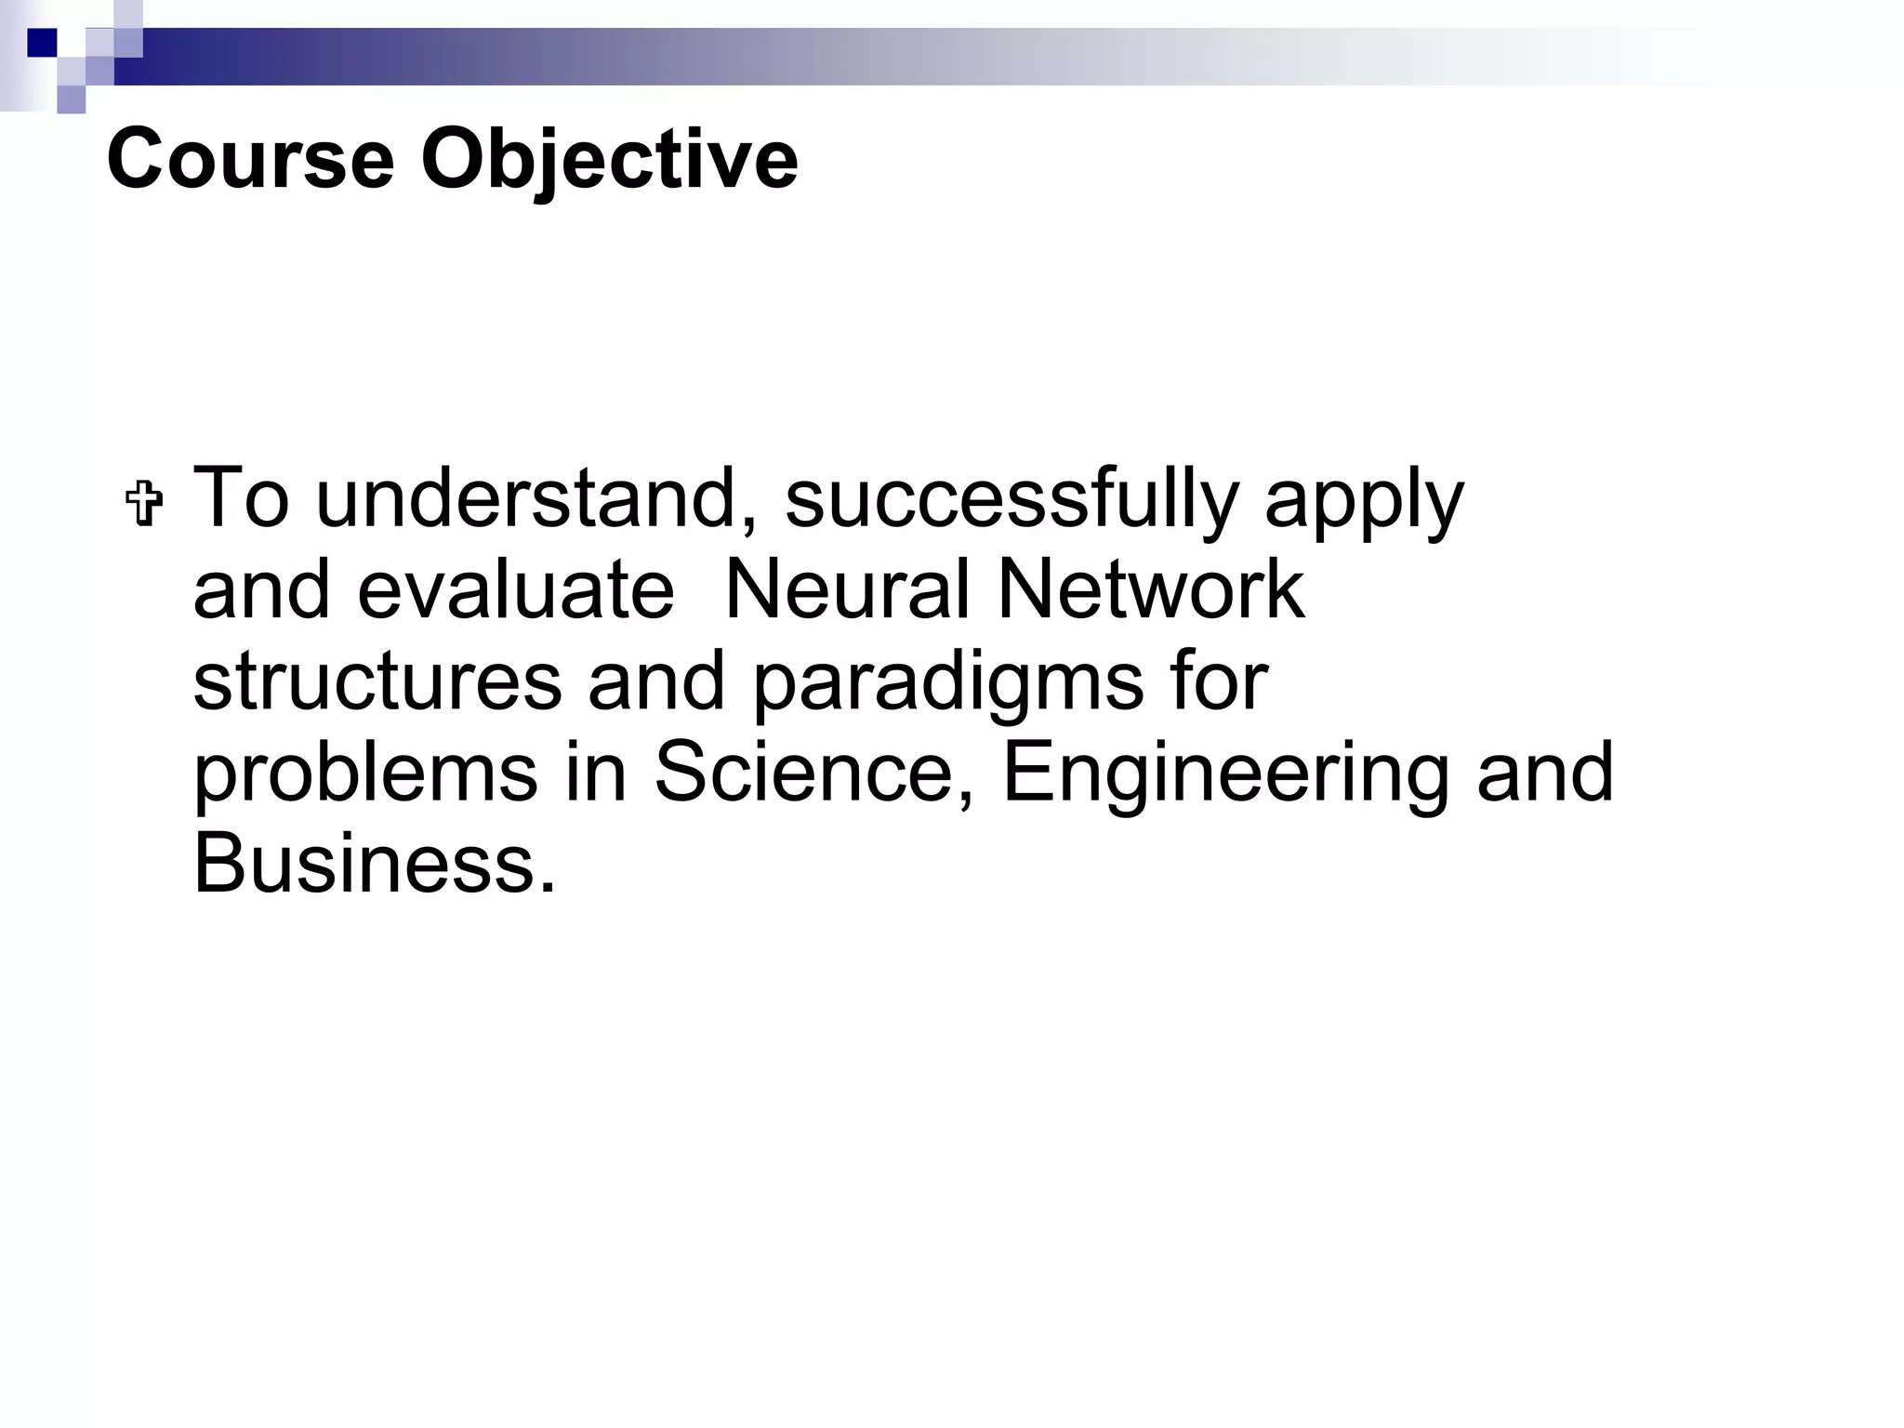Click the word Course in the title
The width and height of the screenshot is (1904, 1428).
(250, 159)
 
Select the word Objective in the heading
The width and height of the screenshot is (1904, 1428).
(609, 161)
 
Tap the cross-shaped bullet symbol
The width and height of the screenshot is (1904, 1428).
(145, 506)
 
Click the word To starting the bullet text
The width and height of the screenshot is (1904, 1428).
(240, 499)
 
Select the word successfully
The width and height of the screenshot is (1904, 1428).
(1011, 499)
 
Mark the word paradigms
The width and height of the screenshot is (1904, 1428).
(946, 684)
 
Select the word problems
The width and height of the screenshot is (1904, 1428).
(365, 773)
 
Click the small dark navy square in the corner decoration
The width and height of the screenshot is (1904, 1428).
(42, 43)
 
